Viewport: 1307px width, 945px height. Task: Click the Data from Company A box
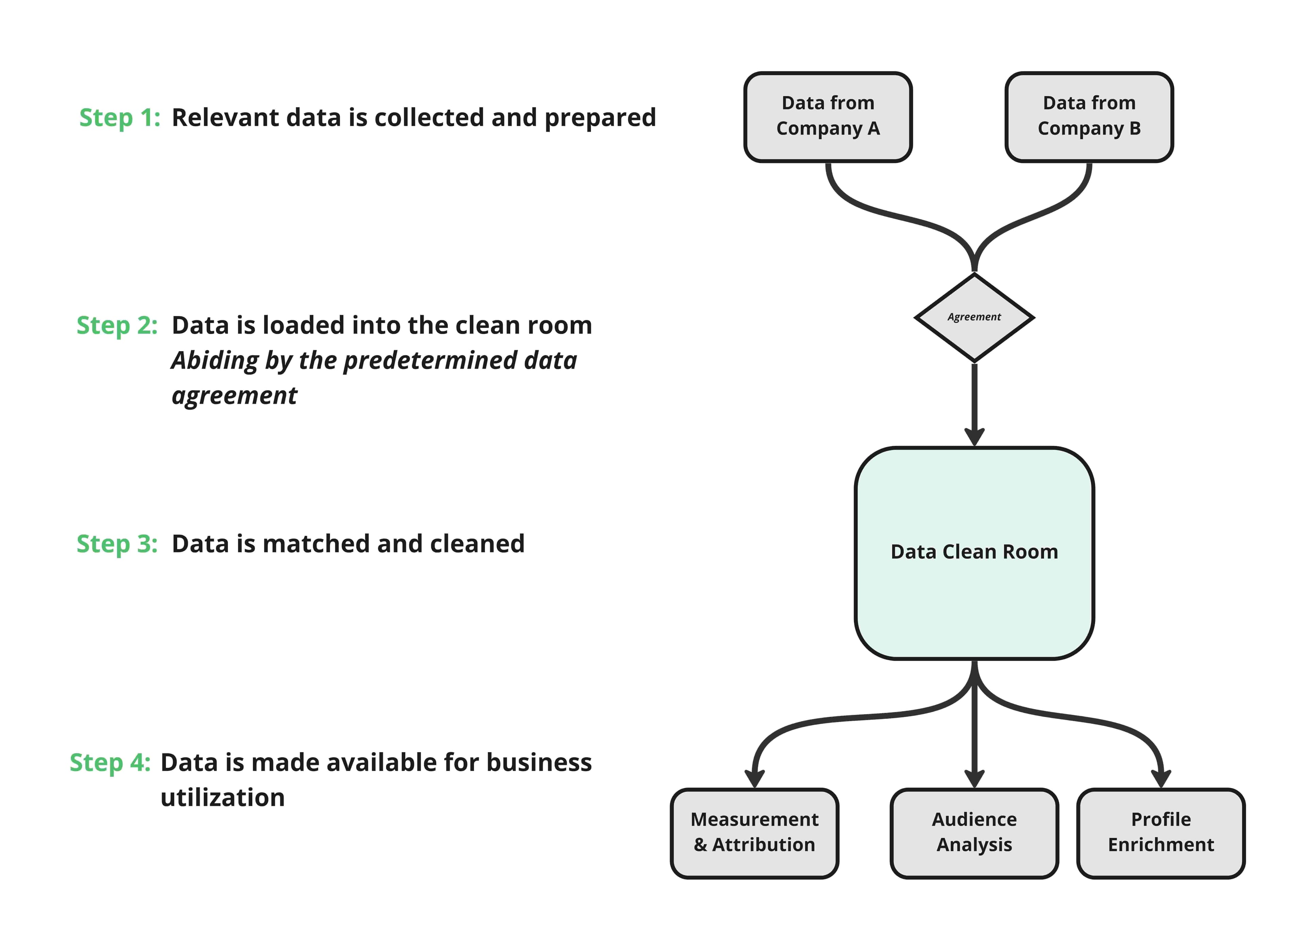coord(827,116)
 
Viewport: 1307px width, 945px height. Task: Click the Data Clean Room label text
coord(974,552)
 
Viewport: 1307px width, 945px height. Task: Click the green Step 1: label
coord(119,117)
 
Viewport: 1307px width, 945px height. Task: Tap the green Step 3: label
coord(117,544)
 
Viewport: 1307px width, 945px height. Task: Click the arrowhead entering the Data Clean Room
coord(974,437)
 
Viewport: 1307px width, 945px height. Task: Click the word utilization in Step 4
coord(223,798)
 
